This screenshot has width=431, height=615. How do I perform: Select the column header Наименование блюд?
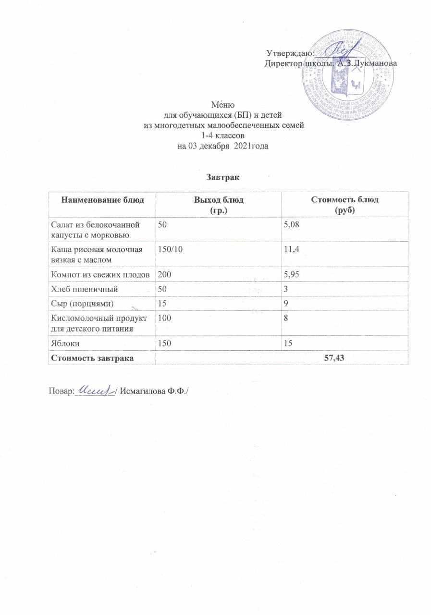(102, 200)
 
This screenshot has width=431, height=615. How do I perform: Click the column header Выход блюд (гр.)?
(219, 204)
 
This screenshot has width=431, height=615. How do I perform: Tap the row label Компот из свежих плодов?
(102, 274)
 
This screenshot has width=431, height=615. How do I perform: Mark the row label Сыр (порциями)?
(83, 303)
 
